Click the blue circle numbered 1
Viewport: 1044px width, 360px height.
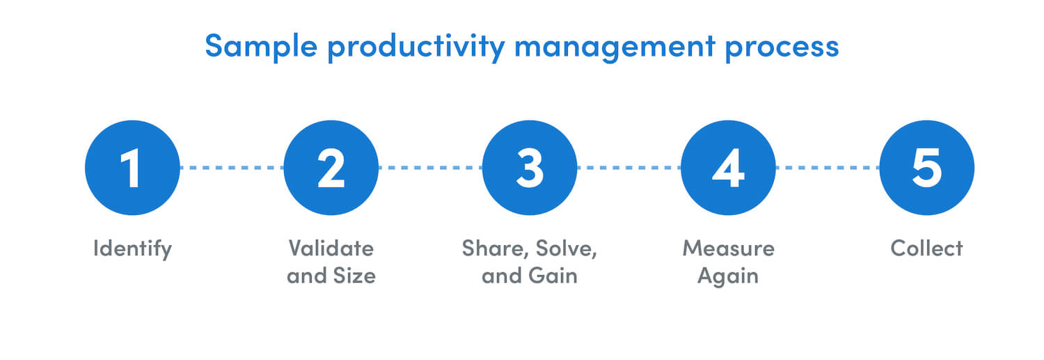coord(132,168)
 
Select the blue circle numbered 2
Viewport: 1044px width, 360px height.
coord(331,168)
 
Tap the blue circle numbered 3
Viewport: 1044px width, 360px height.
coord(530,168)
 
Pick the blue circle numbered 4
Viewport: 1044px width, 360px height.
coord(728,168)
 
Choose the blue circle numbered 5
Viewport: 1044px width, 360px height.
coord(926,168)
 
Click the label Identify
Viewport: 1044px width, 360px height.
coord(132,249)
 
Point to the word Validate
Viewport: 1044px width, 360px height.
coord(331,248)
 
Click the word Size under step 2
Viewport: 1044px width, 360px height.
coord(354,276)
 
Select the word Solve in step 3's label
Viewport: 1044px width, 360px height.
coord(567,249)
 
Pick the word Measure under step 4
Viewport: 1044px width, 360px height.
coord(728,248)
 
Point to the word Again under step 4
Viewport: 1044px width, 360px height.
coord(728,276)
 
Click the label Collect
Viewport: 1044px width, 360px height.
coord(926,248)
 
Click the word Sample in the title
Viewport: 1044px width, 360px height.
coord(261,47)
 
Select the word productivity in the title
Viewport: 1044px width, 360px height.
coord(416,47)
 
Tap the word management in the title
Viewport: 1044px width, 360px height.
coord(615,47)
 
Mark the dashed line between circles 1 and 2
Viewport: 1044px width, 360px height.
coord(232,167)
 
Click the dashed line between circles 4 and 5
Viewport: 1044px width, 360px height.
coord(828,167)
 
